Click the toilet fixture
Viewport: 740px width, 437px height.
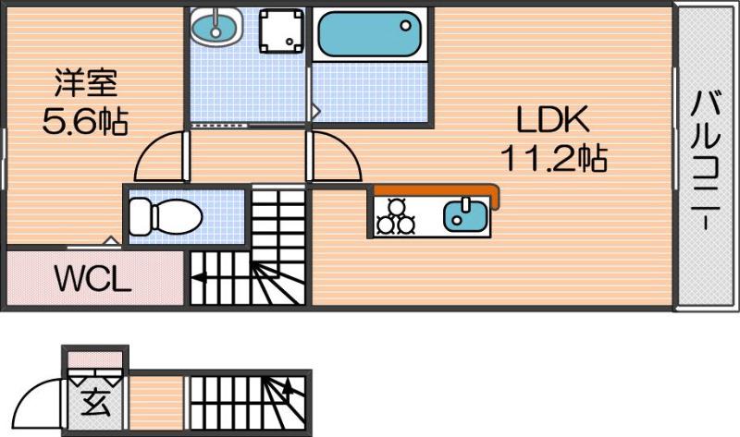tap(166, 217)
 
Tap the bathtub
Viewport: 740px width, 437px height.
tap(369, 34)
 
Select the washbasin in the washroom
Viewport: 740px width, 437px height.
tap(216, 25)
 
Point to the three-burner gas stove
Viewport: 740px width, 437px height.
tap(396, 217)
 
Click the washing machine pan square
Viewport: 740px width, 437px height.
tap(281, 30)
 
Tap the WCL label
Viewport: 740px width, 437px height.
tap(93, 278)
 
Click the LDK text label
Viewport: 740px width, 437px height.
tap(552, 119)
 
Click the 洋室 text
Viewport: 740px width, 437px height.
tap(86, 82)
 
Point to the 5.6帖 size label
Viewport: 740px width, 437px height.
tap(85, 121)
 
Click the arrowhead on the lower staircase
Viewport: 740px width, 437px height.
tap(288, 386)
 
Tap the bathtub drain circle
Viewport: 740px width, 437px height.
tap(405, 26)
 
